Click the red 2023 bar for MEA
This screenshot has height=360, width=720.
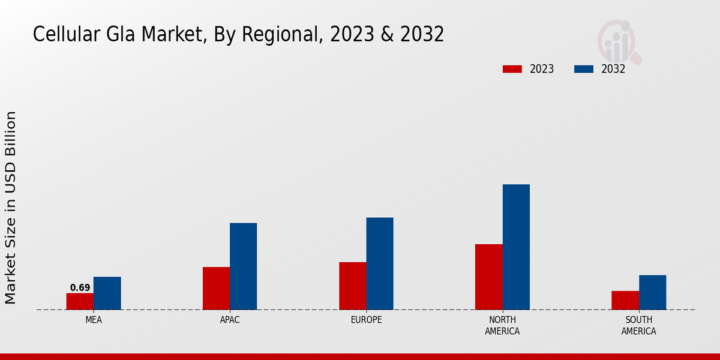(80, 301)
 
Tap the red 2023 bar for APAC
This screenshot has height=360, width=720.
(216, 288)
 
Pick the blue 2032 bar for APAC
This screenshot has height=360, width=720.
(243, 266)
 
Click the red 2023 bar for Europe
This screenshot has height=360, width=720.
(352, 286)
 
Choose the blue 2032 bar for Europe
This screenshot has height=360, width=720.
(380, 263)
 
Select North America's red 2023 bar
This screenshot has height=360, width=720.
(488, 277)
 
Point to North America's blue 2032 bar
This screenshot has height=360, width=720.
(516, 247)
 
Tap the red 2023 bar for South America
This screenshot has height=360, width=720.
(625, 300)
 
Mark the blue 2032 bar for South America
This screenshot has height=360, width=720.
(652, 292)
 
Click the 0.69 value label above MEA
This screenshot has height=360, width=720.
(80, 288)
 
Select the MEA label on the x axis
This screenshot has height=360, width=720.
(94, 320)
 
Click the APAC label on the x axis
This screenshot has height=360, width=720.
(230, 320)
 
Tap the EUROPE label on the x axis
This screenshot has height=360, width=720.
(366, 320)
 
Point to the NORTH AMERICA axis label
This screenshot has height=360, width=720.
(502, 325)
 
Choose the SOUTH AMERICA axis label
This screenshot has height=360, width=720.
(638, 325)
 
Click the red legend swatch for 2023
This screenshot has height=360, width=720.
(512, 69)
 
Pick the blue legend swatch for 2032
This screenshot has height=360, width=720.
(584, 69)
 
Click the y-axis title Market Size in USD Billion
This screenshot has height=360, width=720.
(11, 207)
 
